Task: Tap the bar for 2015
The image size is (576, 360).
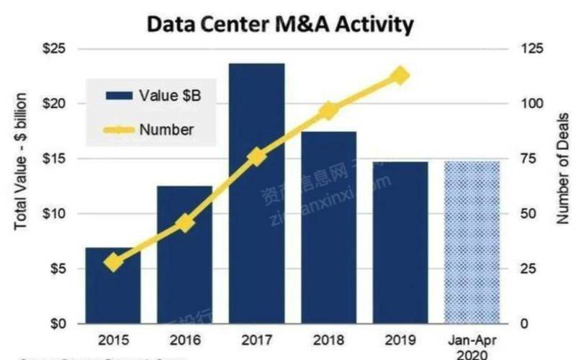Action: (x=113, y=288)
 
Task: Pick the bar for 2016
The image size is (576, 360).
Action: (x=185, y=259)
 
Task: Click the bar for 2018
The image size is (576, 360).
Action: (x=329, y=230)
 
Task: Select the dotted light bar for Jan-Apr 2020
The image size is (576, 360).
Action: (x=472, y=245)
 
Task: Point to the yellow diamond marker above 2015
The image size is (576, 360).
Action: (x=113, y=262)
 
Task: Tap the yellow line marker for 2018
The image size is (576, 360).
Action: (x=329, y=110)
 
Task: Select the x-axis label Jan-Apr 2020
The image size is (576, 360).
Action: (x=472, y=345)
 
